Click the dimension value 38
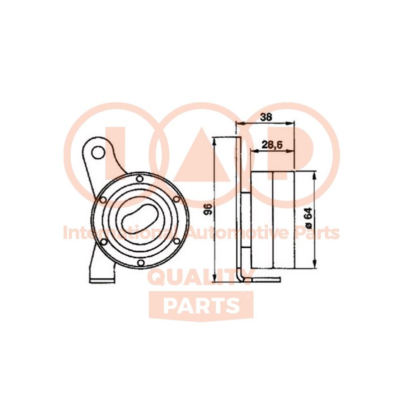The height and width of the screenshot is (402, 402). click(266, 117)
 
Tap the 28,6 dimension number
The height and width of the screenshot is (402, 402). click(271, 145)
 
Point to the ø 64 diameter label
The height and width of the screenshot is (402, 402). click(308, 218)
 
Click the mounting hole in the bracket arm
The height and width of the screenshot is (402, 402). click(98, 153)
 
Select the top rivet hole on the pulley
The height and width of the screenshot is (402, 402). click(139, 179)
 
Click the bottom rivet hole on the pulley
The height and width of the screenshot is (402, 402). click(140, 263)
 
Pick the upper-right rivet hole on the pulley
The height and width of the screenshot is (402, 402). click(176, 198)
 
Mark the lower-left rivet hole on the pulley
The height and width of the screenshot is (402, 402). click(104, 242)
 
